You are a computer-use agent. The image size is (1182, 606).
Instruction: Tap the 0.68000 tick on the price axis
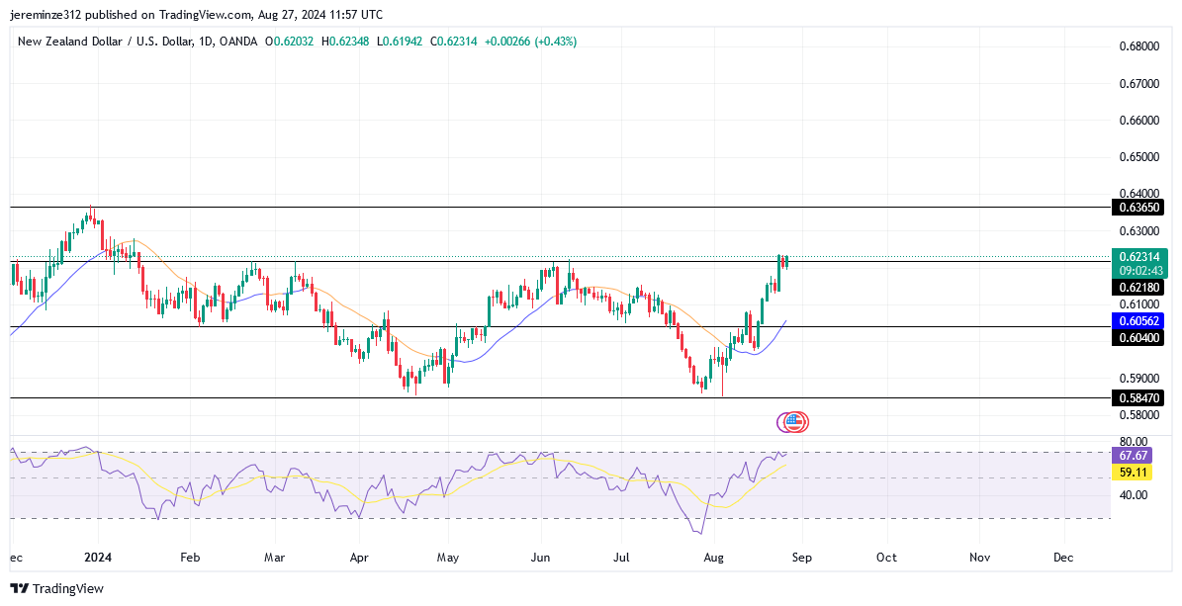[x=1139, y=46]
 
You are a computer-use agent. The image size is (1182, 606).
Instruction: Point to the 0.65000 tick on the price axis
[x=1139, y=157]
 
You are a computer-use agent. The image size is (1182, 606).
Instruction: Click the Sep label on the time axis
[x=801, y=558]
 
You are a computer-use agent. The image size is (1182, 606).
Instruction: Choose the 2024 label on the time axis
[x=97, y=558]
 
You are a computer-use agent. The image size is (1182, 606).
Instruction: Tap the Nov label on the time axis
[x=979, y=558]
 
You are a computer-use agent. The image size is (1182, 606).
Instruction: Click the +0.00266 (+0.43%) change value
[x=530, y=42]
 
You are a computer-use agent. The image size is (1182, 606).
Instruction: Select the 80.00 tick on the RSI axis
[x=1134, y=442]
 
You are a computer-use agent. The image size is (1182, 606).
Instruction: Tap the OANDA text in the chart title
[x=237, y=42]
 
